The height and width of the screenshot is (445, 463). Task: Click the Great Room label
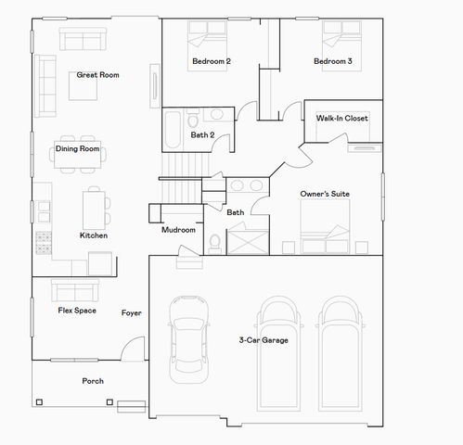pos(97,75)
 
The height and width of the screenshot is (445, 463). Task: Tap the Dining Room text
pos(77,148)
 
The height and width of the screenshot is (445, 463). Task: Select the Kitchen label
pos(94,235)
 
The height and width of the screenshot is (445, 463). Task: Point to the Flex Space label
pos(77,311)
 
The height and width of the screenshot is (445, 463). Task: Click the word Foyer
pos(132,313)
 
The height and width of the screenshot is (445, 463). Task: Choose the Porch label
pos(93,381)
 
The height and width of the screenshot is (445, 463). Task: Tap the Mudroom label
pos(178,230)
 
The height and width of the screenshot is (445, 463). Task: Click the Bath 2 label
pos(202,135)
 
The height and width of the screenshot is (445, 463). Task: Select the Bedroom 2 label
pos(212,61)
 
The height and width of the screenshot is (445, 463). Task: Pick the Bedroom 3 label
pos(332,61)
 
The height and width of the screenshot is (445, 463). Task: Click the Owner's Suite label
pos(324,194)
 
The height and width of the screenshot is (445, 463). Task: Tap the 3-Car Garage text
pos(264,340)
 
